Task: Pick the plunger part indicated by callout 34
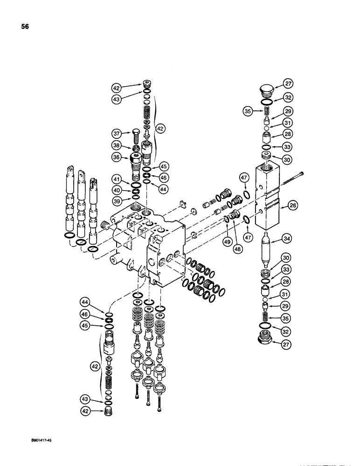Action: (268, 247)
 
